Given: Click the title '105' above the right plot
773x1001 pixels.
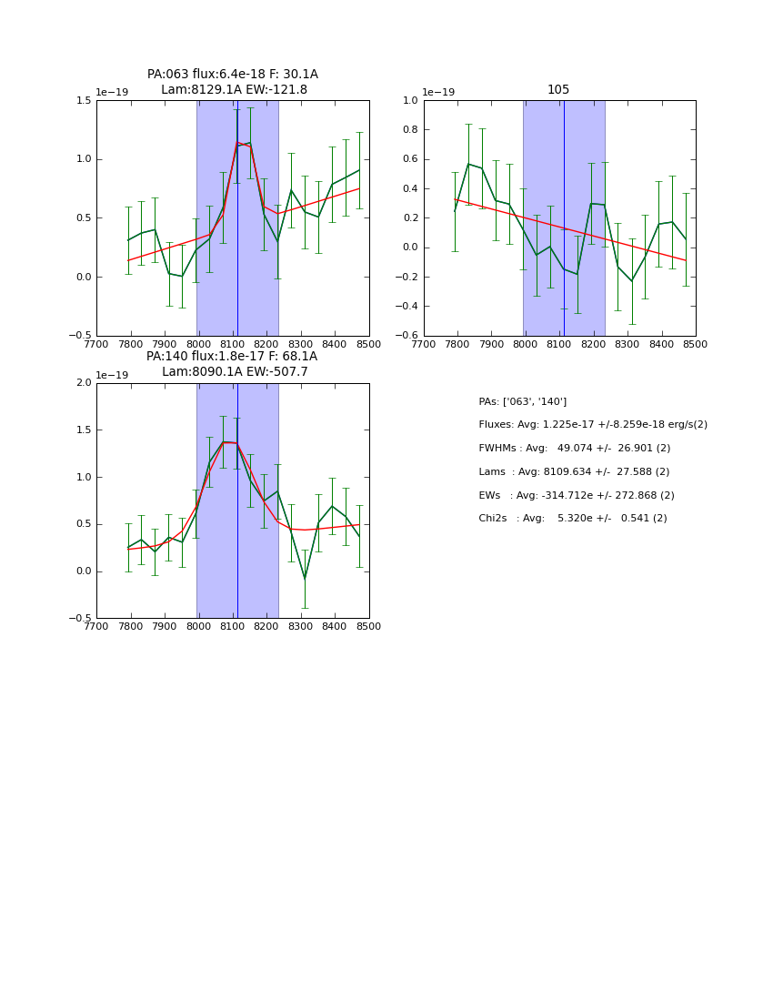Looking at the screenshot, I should [558, 90].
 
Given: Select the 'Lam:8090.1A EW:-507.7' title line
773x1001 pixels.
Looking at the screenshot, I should [235, 372].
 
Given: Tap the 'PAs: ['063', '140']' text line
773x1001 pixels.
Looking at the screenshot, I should [522, 402].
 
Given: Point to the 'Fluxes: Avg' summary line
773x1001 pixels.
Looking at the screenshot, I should [592, 425].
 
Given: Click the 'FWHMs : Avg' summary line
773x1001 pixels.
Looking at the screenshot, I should [574, 449].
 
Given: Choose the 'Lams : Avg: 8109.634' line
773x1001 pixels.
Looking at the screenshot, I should [574, 472].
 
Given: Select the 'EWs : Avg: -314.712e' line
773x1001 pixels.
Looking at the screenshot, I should [577, 496].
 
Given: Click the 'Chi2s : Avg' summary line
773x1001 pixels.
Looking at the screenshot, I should [572, 519].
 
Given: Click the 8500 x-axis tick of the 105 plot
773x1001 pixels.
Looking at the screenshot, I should [695, 344].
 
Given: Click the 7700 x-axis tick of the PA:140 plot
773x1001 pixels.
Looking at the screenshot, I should [96, 626].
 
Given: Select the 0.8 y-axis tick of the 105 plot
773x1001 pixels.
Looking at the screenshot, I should [409, 130].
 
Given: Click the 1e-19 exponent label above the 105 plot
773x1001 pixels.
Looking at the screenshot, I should [438, 93].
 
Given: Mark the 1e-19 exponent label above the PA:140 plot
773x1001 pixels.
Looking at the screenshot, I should [112, 376].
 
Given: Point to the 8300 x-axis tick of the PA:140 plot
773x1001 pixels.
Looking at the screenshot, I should [301, 626].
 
